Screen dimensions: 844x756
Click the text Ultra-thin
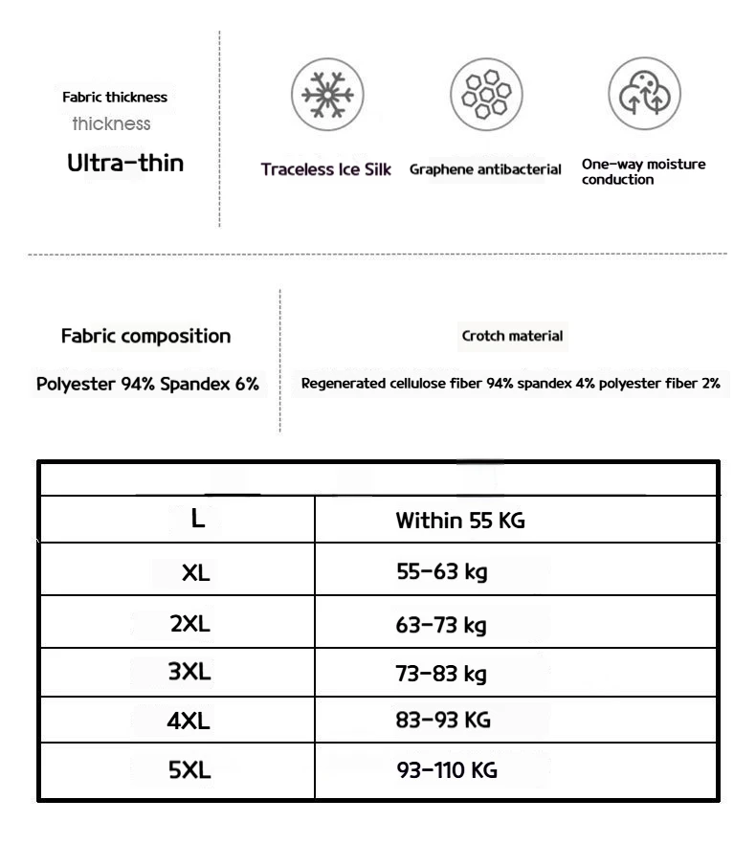point(125,163)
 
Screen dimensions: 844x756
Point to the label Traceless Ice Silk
point(326,169)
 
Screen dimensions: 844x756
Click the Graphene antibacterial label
point(485,169)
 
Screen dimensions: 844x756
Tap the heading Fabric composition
point(145,336)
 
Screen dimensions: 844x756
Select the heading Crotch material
point(512,336)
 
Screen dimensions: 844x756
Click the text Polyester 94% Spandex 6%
point(147,384)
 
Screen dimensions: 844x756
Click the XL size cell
point(195,573)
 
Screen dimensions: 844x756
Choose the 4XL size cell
point(189,721)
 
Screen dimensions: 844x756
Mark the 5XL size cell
point(189,770)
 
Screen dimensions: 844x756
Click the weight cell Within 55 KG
point(460,522)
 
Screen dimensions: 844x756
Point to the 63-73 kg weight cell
point(441,626)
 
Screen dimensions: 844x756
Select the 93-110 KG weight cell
point(447,770)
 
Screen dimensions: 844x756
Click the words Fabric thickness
point(115,97)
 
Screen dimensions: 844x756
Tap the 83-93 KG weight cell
point(443,721)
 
